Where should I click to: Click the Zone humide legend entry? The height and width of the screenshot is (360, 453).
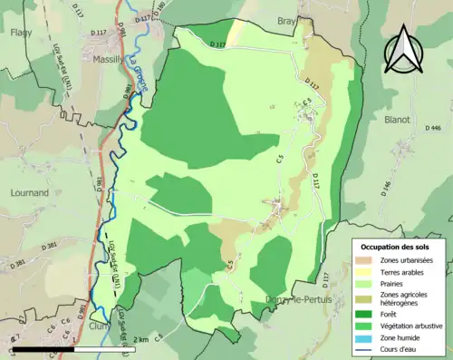point(400,337)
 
